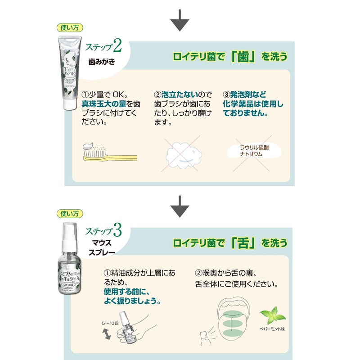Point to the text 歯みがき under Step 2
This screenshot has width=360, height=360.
coord(101,62)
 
